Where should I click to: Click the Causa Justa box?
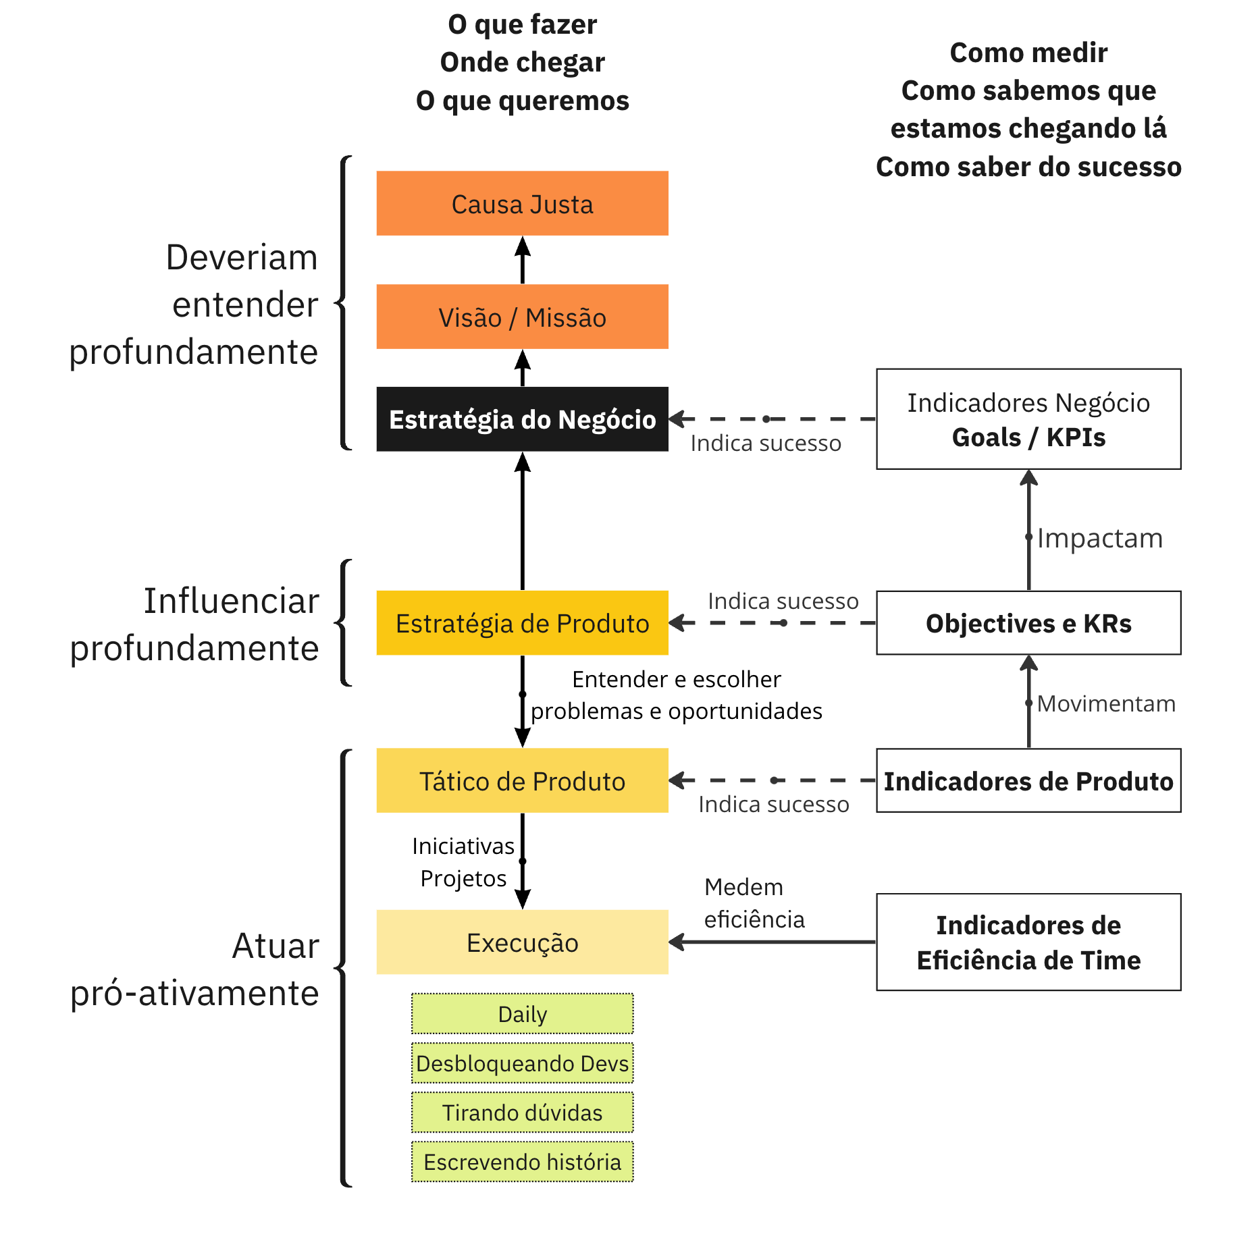coord(522,203)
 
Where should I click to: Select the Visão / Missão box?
coord(522,317)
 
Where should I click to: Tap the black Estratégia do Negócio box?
coord(522,419)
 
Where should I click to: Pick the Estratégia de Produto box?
coord(522,623)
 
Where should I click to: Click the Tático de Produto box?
coord(522,780)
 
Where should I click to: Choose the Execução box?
coord(522,942)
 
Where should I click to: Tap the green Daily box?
coord(522,1013)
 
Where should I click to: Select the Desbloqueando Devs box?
coord(522,1063)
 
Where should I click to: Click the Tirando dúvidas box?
coord(522,1112)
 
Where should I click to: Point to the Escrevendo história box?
coord(522,1162)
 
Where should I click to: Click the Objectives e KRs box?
coord(1028,623)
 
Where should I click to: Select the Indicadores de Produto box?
coord(1028,780)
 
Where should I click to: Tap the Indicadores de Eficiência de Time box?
coord(1028,942)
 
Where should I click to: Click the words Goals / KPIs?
coord(1028,437)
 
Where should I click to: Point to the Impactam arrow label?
coord(1100,538)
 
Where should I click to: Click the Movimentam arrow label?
coord(1106,703)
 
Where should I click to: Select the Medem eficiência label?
coord(754,903)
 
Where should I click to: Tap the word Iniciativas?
coord(463,846)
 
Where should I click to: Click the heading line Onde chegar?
coord(522,62)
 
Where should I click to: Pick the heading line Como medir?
coord(1028,53)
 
